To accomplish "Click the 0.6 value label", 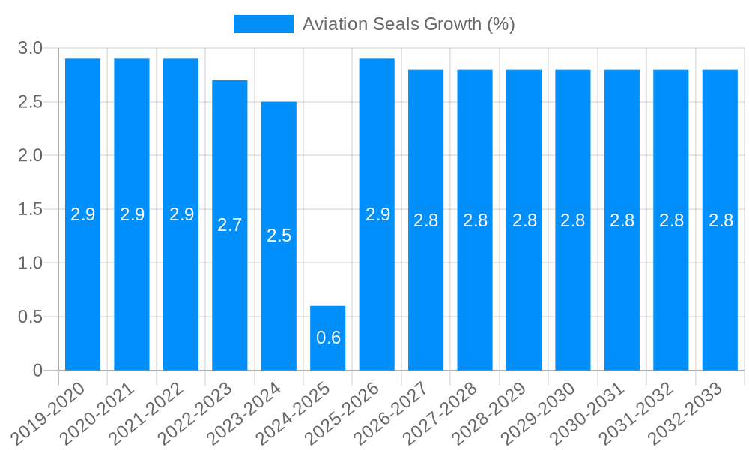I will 328,337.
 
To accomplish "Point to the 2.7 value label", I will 230,225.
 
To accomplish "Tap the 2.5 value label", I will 279,235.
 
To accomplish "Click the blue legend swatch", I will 264,24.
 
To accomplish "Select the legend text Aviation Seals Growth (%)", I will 408,24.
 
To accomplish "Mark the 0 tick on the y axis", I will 38,370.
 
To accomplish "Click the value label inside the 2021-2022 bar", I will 181,214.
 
